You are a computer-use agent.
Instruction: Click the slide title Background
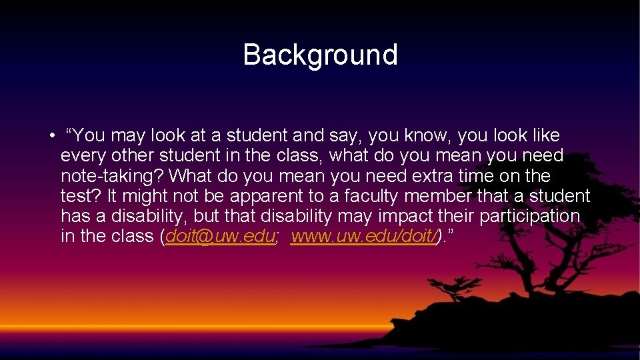point(320,55)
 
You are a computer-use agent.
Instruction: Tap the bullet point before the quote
point(51,137)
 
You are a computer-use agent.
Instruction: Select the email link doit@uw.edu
point(220,237)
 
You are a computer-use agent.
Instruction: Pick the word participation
point(531,217)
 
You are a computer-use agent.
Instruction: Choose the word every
point(81,157)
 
